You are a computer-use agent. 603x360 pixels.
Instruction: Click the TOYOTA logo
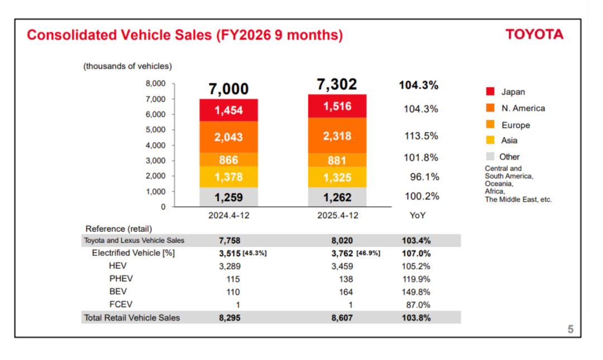coord(534,35)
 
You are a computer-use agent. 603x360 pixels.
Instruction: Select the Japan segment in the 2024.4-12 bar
coord(228,110)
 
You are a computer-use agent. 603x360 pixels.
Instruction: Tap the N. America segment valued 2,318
coord(337,136)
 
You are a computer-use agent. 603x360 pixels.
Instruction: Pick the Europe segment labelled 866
coord(228,160)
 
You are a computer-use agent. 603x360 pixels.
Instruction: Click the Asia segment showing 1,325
coord(337,177)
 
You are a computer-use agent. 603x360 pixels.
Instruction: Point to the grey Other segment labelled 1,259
coord(228,197)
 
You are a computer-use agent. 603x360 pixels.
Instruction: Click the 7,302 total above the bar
coord(337,85)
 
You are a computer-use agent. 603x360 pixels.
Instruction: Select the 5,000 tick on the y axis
coord(156,130)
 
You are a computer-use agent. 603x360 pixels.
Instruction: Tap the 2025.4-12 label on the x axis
coord(337,215)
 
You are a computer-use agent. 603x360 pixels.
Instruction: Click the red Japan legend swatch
coord(491,92)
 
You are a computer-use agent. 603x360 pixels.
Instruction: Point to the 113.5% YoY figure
coord(421,136)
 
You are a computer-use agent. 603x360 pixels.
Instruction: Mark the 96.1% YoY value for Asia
coord(424,177)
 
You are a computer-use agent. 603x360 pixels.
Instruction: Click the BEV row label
coord(118,291)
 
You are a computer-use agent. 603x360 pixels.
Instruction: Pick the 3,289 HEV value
coord(229,266)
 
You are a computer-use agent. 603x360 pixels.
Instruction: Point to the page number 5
coord(571,329)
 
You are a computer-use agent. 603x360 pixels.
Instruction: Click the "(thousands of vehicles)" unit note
coord(128,66)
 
